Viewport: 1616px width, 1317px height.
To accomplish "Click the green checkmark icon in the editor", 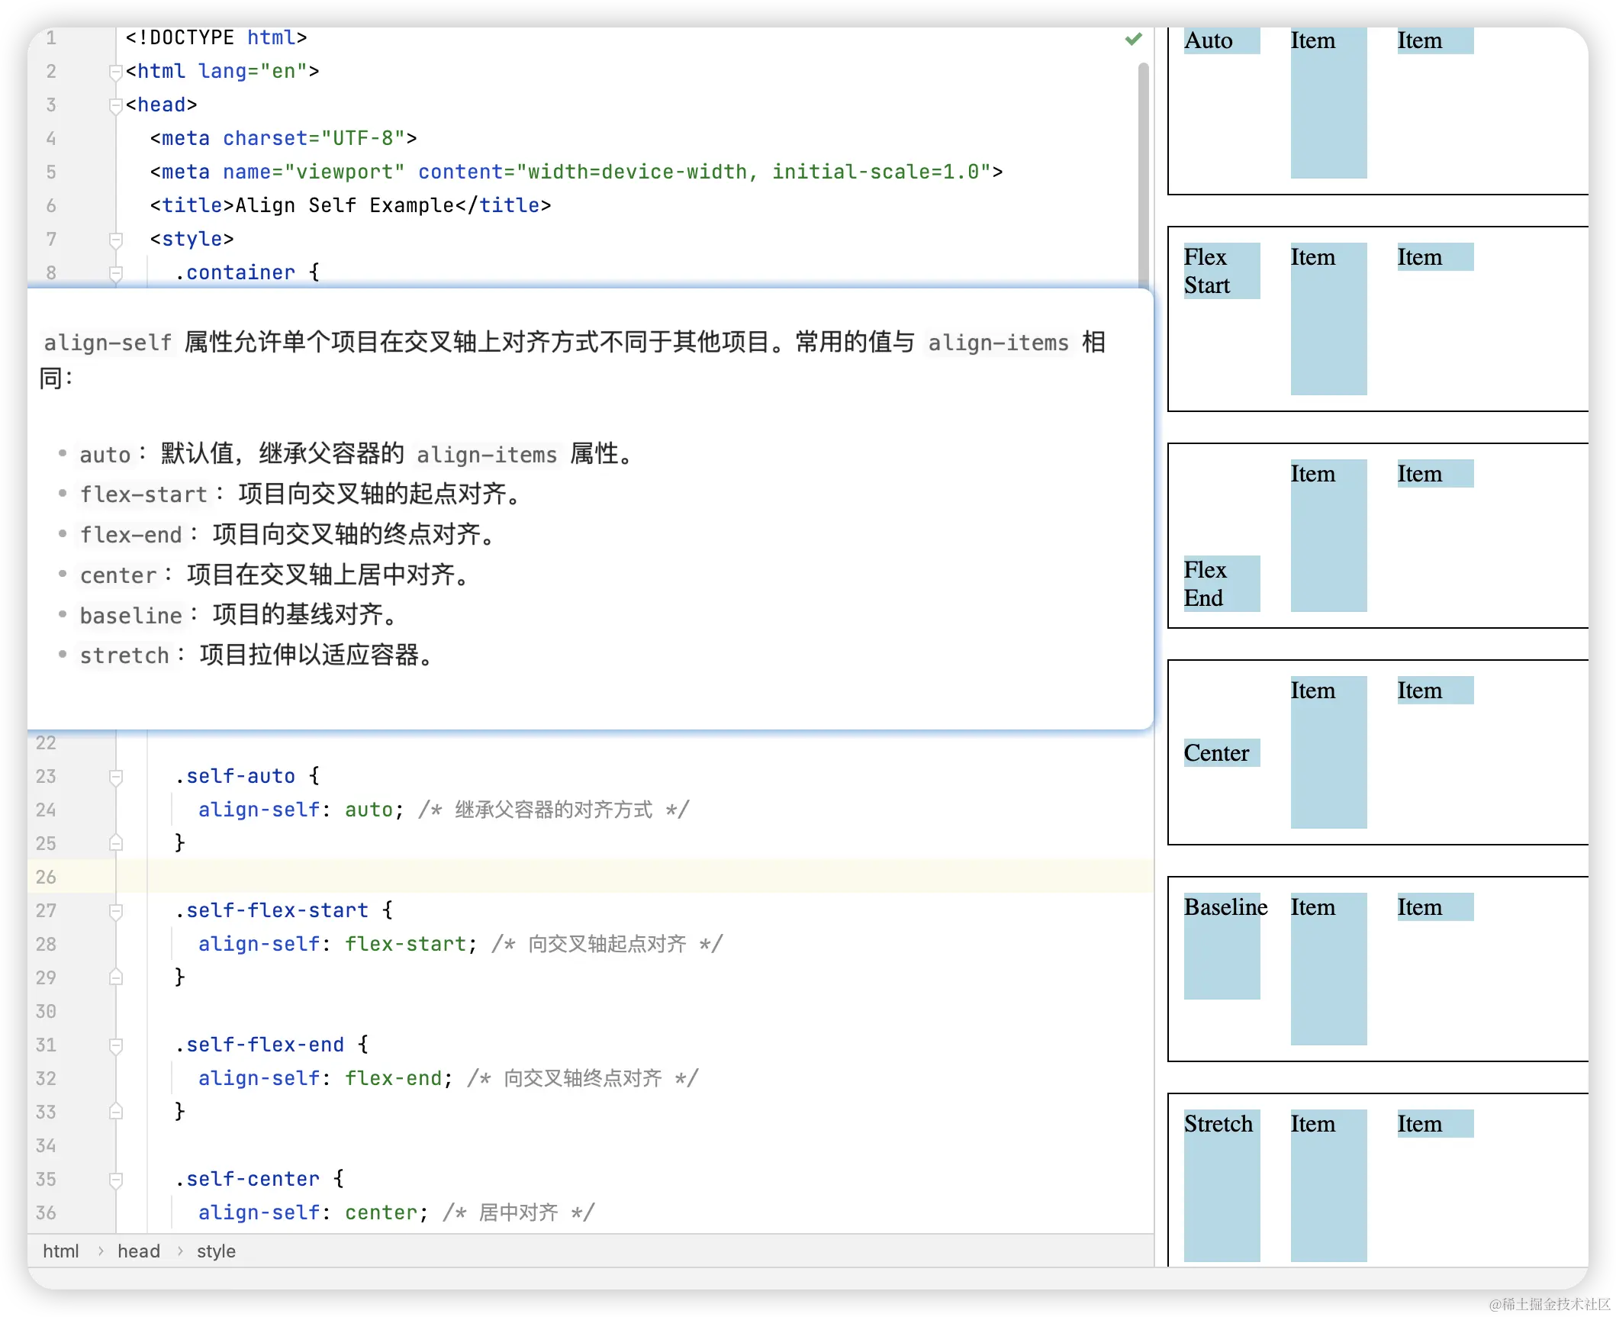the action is (x=1133, y=38).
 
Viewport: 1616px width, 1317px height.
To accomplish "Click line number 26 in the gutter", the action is (x=46, y=877).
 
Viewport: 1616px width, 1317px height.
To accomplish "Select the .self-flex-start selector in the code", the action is (x=272, y=910).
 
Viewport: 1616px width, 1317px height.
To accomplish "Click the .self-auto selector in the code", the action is (x=235, y=776).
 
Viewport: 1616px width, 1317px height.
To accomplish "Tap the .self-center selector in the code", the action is (x=247, y=1179).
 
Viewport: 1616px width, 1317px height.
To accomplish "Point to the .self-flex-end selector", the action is (x=259, y=1045).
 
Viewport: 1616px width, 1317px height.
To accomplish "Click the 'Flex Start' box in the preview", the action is (x=1222, y=271).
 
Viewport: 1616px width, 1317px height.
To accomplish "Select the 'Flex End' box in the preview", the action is (x=1222, y=584).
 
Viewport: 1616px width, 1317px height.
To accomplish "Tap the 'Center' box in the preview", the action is (x=1222, y=752).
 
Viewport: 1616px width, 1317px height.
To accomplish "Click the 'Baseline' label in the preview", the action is (x=1225, y=907).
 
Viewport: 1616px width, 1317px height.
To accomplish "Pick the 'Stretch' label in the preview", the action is (x=1218, y=1124).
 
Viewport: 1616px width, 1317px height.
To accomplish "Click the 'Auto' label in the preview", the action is (x=1209, y=40).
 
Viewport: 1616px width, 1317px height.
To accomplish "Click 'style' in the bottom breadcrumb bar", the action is (x=216, y=1251).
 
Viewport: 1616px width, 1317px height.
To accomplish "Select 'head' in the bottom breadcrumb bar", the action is (x=139, y=1251).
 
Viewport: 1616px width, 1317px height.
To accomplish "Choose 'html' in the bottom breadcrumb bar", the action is (x=61, y=1251).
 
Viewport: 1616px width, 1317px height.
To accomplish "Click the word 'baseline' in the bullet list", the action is (x=131, y=615).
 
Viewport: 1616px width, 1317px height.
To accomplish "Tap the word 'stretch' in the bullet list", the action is (x=124, y=655).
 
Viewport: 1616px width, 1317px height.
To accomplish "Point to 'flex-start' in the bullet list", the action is (x=143, y=494).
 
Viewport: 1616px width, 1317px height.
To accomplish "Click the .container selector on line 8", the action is (x=235, y=272).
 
